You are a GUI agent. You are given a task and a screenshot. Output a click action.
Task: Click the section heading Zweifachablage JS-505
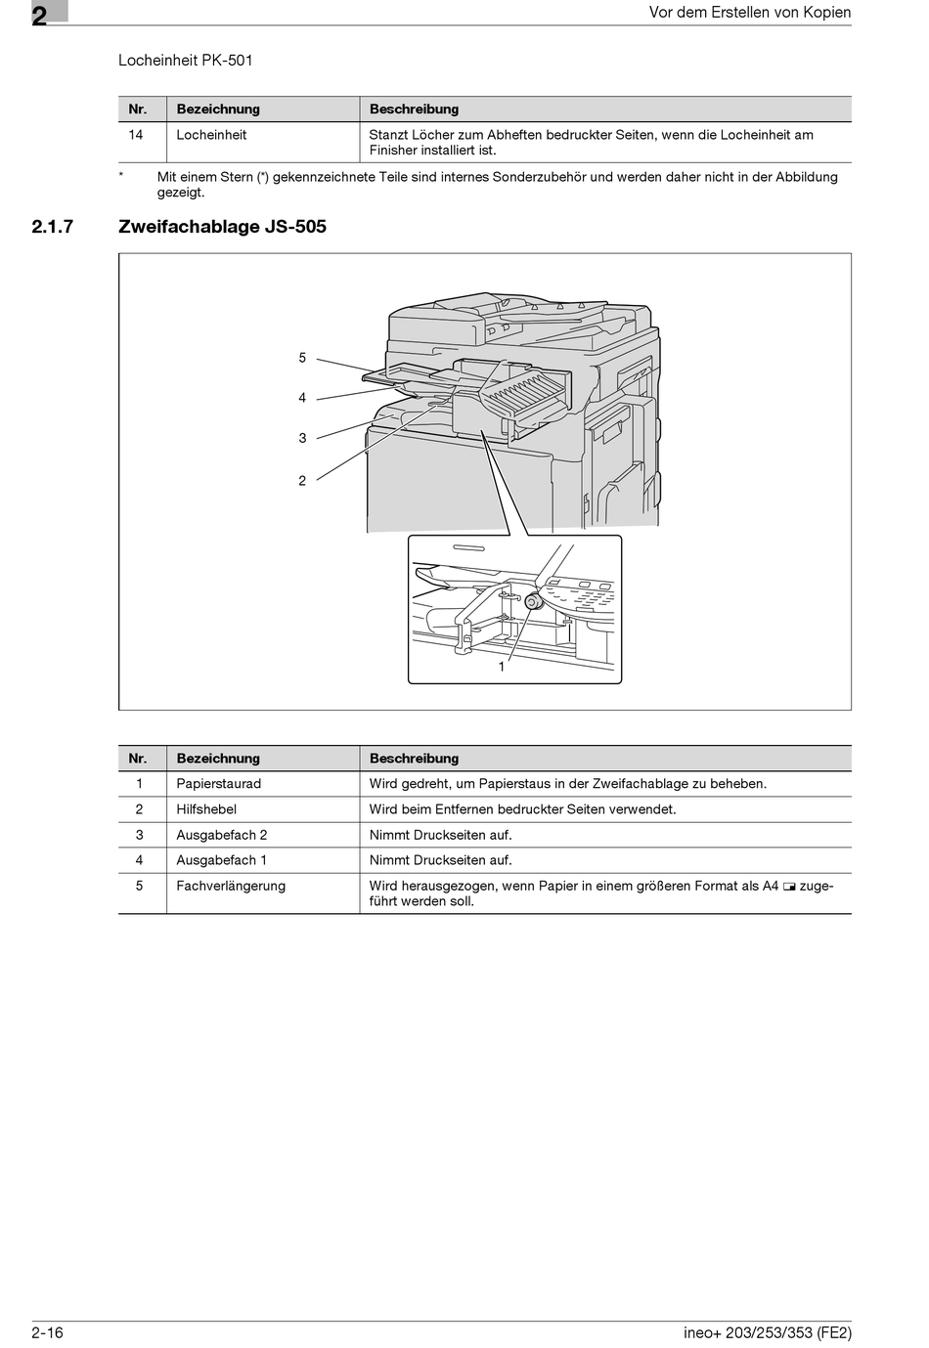coord(222,227)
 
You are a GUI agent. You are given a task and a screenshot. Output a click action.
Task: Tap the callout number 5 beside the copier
coord(302,358)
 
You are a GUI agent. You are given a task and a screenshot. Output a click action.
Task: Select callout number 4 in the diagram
coord(302,398)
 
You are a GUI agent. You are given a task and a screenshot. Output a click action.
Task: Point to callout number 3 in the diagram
coord(302,438)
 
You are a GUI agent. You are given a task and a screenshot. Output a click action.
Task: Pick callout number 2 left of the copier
coord(302,480)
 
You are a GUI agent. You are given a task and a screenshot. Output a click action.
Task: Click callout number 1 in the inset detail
coord(502,667)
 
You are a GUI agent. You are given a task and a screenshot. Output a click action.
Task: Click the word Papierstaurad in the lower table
coord(218,784)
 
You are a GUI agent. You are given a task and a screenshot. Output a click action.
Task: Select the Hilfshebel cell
coord(206,809)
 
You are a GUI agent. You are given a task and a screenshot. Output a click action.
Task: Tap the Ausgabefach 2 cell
coord(221,835)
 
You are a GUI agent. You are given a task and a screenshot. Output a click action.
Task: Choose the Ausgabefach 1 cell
coord(221,860)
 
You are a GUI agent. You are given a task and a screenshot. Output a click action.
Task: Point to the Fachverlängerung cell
coord(231,886)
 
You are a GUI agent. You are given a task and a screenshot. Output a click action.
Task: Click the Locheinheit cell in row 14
coord(211,135)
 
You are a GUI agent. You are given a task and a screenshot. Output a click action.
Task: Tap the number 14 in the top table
coord(136,135)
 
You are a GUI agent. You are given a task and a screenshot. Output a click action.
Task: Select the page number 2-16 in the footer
coord(47,1332)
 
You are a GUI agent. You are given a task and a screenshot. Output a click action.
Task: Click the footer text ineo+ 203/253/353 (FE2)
coord(767,1332)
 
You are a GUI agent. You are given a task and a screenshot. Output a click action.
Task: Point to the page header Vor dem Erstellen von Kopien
coord(750,13)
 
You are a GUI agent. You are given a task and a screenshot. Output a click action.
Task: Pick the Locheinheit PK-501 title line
coord(186,61)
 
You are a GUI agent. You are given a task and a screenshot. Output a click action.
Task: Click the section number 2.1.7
coord(53,227)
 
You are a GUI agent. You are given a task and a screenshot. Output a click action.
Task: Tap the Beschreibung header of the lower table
coord(414,759)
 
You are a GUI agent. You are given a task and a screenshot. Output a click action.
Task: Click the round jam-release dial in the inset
coord(532,601)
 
